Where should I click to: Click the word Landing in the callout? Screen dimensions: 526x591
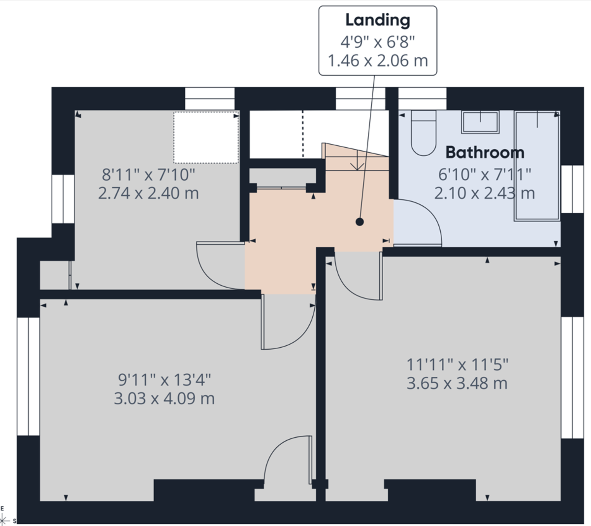pyautogui.click(x=377, y=20)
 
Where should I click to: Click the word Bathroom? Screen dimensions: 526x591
pyautogui.click(x=485, y=152)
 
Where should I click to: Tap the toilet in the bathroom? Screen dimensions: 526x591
pyautogui.click(x=424, y=133)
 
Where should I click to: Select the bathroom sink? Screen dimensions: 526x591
pyautogui.click(x=480, y=122)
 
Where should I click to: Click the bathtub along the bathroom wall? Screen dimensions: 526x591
pyautogui.click(x=537, y=165)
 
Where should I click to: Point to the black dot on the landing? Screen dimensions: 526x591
pyautogui.click(x=360, y=222)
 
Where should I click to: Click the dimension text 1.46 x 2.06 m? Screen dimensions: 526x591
pyautogui.click(x=378, y=61)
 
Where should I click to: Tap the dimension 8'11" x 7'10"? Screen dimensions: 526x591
pyautogui.click(x=148, y=174)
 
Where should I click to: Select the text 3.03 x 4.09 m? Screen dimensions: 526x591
pyautogui.click(x=164, y=398)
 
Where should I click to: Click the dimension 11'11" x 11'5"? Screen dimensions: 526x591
pyautogui.click(x=457, y=365)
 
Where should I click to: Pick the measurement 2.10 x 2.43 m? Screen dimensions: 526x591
pyautogui.click(x=484, y=193)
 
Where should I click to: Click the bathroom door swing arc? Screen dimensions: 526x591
pyautogui.click(x=424, y=222)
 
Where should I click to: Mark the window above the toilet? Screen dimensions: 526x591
pyautogui.click(x=422, y=99)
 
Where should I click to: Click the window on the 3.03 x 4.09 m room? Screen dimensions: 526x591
pyautogui.click(x=28, y=376)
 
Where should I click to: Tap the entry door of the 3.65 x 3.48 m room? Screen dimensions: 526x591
pyautogui.click(x=357, y=276)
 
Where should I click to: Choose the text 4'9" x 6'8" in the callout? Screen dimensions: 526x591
pyautogui.click(x=378, y=41)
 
